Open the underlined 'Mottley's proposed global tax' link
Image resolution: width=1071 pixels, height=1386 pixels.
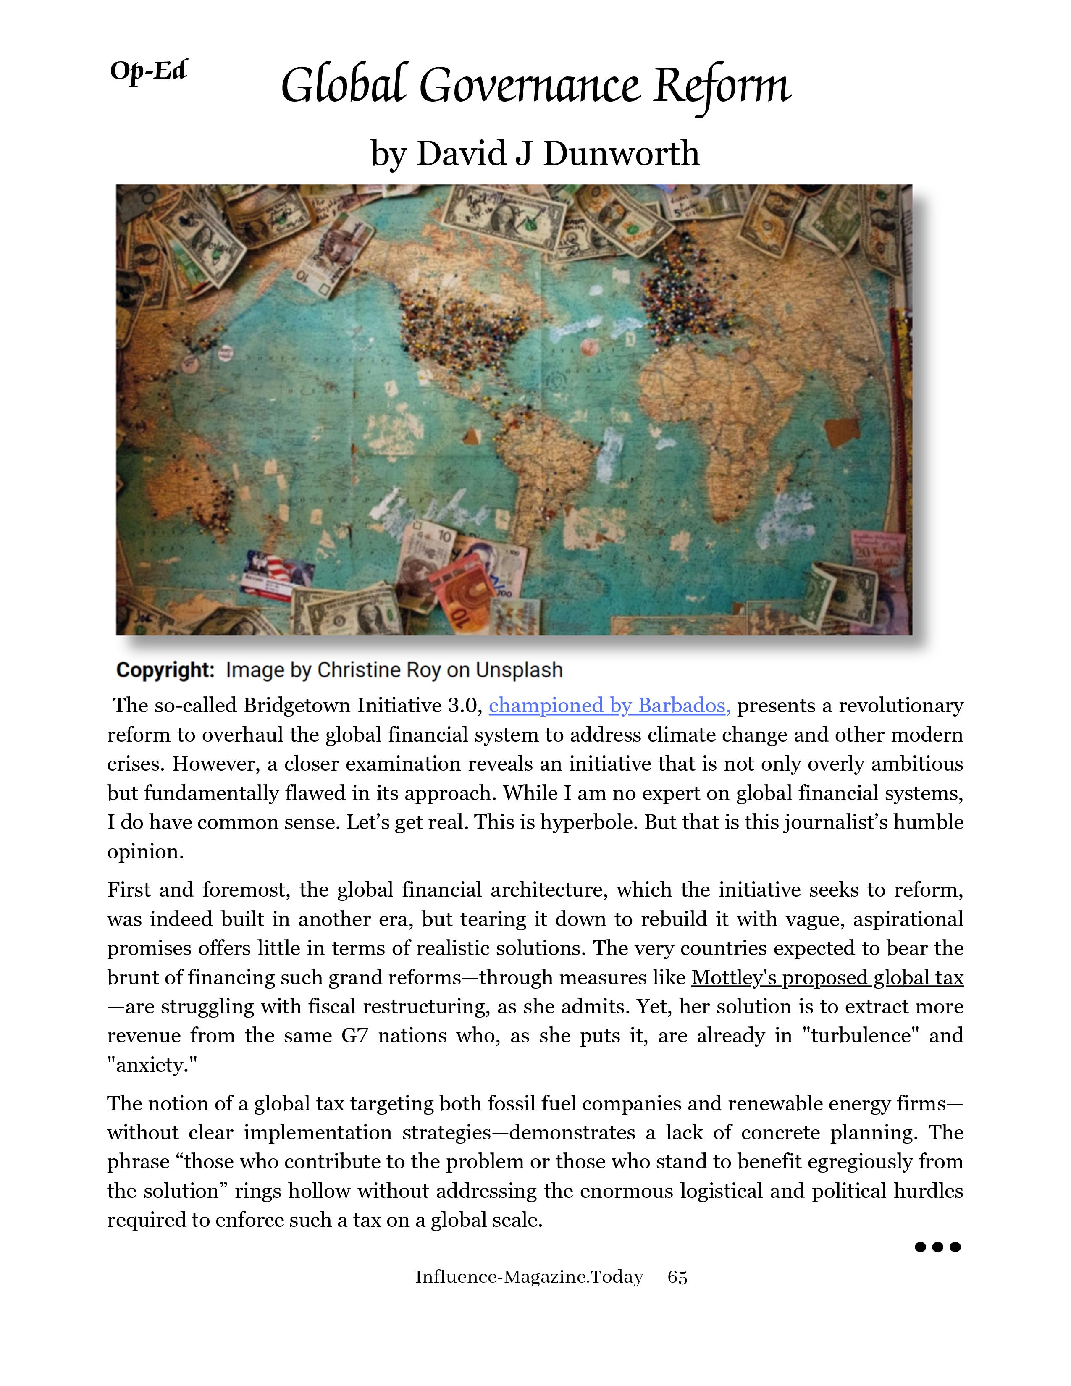(827, 977)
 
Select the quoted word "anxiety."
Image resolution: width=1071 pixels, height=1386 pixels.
(152, 1065)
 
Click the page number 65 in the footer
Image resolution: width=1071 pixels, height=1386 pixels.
(677, 1277)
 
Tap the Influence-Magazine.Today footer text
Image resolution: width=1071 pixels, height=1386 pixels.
(529, 1277)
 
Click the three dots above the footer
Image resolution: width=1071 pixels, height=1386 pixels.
(937, 1247)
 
